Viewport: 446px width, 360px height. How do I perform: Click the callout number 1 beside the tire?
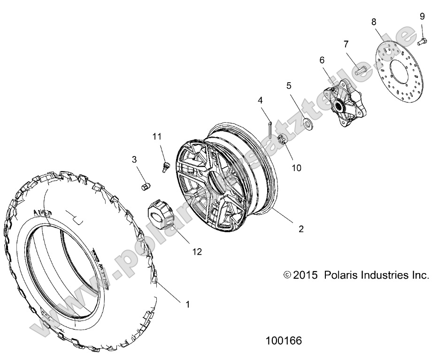188,304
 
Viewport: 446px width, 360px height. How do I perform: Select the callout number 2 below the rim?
301,229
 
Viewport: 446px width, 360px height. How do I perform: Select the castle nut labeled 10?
283,139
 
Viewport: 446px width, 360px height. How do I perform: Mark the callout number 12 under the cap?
197,251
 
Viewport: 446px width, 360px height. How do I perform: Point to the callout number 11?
156,136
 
